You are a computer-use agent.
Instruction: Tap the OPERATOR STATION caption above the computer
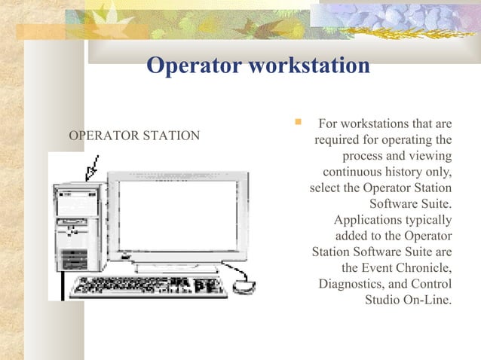pos(134,136)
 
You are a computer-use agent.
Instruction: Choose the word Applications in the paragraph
pos(366,220)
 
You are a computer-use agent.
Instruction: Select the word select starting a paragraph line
pos(326,188)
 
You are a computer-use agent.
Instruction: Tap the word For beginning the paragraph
pos(329,123)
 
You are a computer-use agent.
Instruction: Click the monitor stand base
pos(176,267)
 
